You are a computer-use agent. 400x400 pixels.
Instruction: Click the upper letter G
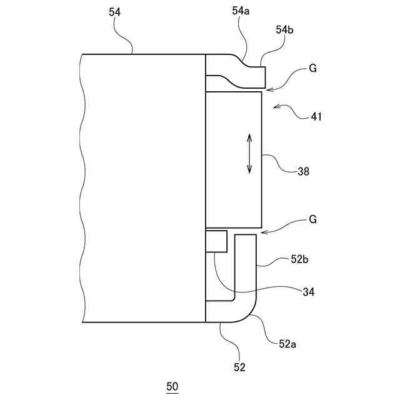pyautogui.click(x=312, y=69)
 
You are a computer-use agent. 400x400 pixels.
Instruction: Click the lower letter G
pyautogui.click(x=312, y=219)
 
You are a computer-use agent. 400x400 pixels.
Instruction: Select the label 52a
pyautogui.click(x=288, y=343)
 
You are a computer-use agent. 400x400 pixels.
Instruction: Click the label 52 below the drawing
pyautogui.click(x=239, y=367)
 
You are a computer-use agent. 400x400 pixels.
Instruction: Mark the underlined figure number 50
pyautogui.click(x=172, y=386)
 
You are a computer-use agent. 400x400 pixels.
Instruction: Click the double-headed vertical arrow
pyautogui.click(x=249, y=152)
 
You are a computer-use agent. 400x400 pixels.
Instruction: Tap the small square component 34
pyautogui.click(x=216, y=241)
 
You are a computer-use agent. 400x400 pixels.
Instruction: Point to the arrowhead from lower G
pyautogui.click(x=263, y=233)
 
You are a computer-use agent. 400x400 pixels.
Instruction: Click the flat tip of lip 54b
pyautogui.click(x=266, y=77)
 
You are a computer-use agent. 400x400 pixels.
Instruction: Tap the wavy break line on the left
pyautogui.click(x=82, y=187)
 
